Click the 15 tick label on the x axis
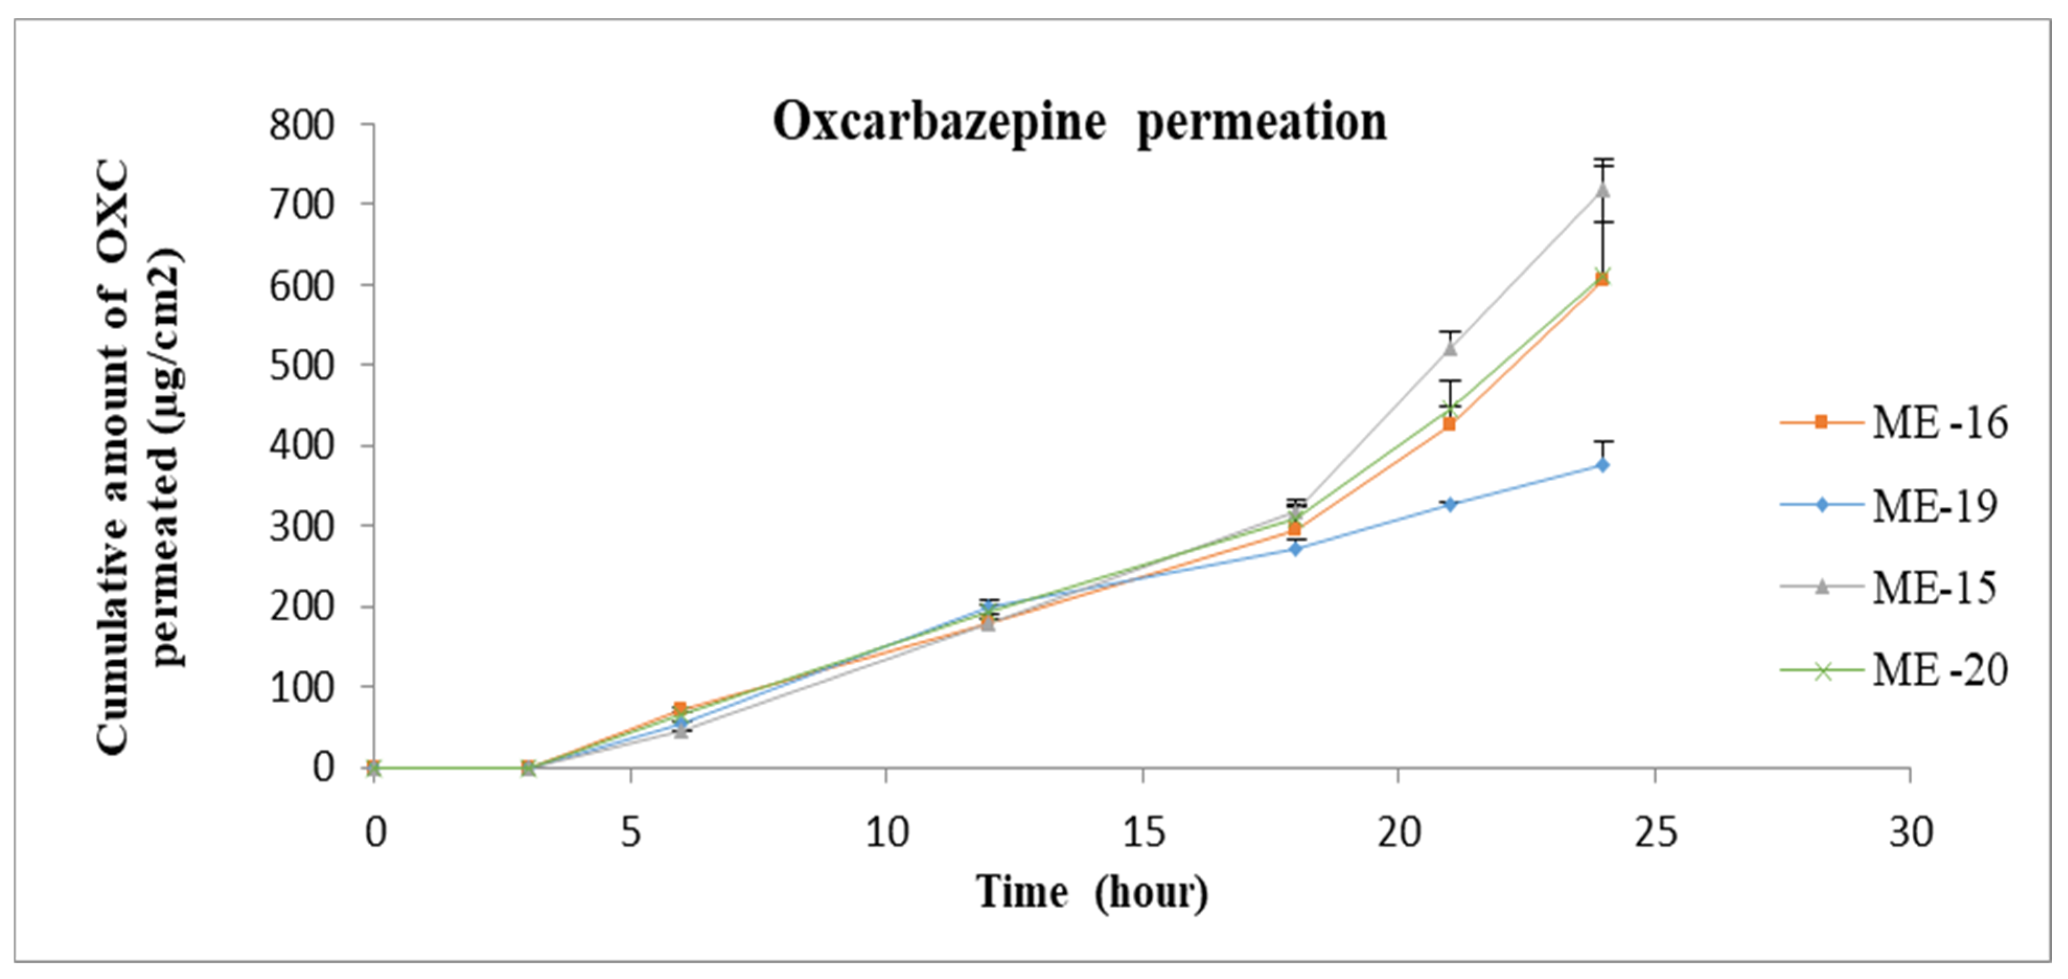click(1142, 833)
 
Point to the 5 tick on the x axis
click(631, 833)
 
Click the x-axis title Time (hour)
click(1092, 892)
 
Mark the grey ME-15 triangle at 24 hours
click(1603, 190)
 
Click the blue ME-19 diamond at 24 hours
click(1602, 464)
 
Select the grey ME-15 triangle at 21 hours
click(1450, 347)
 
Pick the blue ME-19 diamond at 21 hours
click(1450, 504)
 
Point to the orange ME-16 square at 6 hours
click(680, 708)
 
